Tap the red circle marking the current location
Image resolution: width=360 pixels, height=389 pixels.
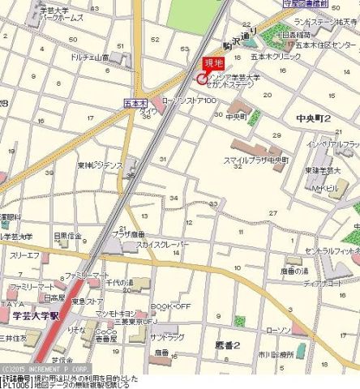pyautogui.click(x=201, y=79)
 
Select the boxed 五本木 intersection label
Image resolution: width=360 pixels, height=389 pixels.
pyautogui.click(x=134, y=103)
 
